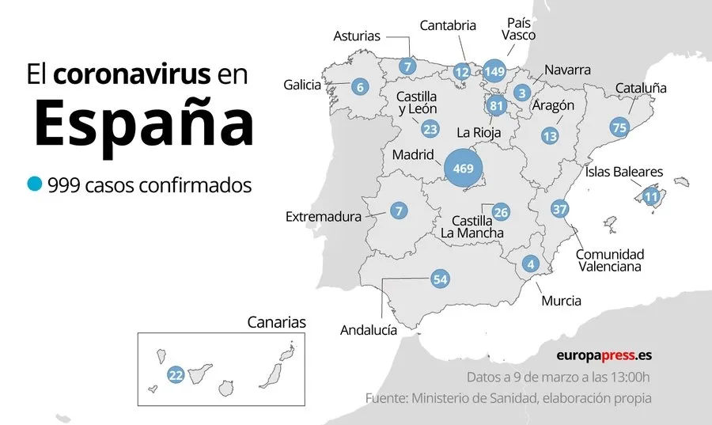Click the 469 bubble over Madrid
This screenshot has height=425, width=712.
tap(464, 169)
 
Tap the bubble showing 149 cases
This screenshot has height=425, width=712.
tap(495, 71)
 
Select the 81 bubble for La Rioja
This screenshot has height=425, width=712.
tap(497, 106)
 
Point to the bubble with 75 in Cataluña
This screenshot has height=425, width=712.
tap(619, 127)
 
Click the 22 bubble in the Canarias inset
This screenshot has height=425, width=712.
tap(176, 375)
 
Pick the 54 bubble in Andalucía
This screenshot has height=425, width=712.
tap(440, 279)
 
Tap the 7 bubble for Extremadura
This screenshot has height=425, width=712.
tap(399, 211)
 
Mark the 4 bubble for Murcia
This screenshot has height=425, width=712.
tap(530, 264)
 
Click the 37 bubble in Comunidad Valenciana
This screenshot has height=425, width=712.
tap(560, 209)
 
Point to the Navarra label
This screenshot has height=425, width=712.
tap(567, 70)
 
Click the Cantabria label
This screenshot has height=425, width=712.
tap(448, 25)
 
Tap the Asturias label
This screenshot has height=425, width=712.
tap(357, 36)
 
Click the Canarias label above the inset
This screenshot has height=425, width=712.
tap(276, 322)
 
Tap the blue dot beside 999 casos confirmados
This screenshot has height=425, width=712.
tap(34, 184)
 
